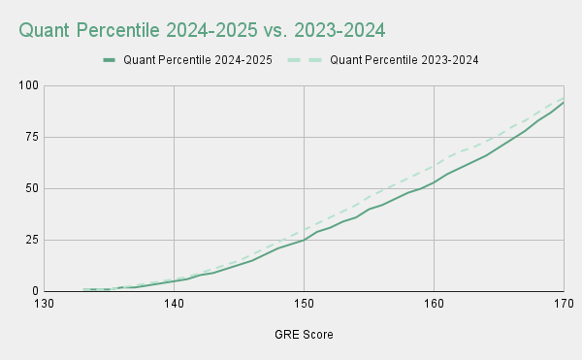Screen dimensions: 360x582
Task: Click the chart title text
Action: coord(202,30)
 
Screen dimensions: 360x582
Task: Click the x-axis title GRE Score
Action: coord(304,335)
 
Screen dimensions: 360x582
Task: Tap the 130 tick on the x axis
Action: coord(45,305)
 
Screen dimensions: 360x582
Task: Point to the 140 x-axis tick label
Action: coord(175,305)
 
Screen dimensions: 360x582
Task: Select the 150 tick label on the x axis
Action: coord(304,305)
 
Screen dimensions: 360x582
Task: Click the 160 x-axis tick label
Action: coord(434,305)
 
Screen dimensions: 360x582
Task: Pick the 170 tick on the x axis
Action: coord(563,305)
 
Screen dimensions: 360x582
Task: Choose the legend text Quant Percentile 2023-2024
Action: coord(405,60)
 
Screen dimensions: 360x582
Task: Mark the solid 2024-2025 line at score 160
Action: coord(434,182)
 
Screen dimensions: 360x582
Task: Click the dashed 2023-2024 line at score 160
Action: coord(434,166)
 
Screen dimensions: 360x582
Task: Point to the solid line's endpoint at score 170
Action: coord(563,103)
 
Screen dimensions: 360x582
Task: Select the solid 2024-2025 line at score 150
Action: coord(304,240)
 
